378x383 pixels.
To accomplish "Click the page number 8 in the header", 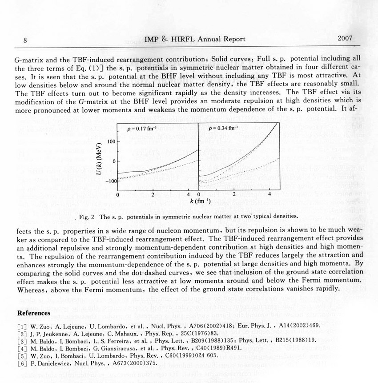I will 26,40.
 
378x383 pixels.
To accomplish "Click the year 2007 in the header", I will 345,38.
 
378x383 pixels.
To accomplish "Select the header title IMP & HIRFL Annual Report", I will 195,39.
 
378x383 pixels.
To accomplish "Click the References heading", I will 33,313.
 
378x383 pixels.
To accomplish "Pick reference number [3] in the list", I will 22,341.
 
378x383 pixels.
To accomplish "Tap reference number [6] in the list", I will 22,363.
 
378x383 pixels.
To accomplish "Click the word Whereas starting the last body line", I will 32,288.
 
